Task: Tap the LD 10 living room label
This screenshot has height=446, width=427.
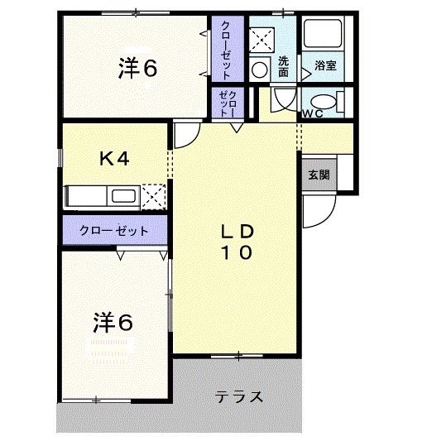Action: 235,242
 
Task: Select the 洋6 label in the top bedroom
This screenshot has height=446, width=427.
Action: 137,70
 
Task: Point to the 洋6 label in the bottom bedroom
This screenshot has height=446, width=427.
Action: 112,322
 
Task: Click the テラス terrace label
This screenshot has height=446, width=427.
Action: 239,396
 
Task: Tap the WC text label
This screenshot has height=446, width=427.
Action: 312,113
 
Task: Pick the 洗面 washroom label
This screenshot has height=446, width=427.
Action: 283,65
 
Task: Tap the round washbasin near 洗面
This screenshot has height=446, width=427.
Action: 258,69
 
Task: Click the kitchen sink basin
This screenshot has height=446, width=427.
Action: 123,196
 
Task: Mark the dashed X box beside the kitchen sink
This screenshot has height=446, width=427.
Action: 153,196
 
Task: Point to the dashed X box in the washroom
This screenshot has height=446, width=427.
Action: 261,37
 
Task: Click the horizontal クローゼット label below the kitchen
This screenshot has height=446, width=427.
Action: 114,231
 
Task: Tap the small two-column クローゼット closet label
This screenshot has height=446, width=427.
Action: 228,103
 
